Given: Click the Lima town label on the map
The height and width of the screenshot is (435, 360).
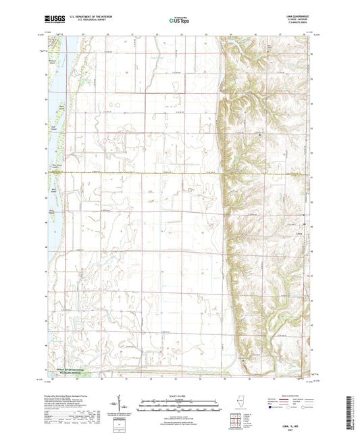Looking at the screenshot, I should pyautogui.click(x=299, y=234).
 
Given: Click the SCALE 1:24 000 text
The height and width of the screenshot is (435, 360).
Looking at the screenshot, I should pyautogui.click(x=180, y=396).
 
